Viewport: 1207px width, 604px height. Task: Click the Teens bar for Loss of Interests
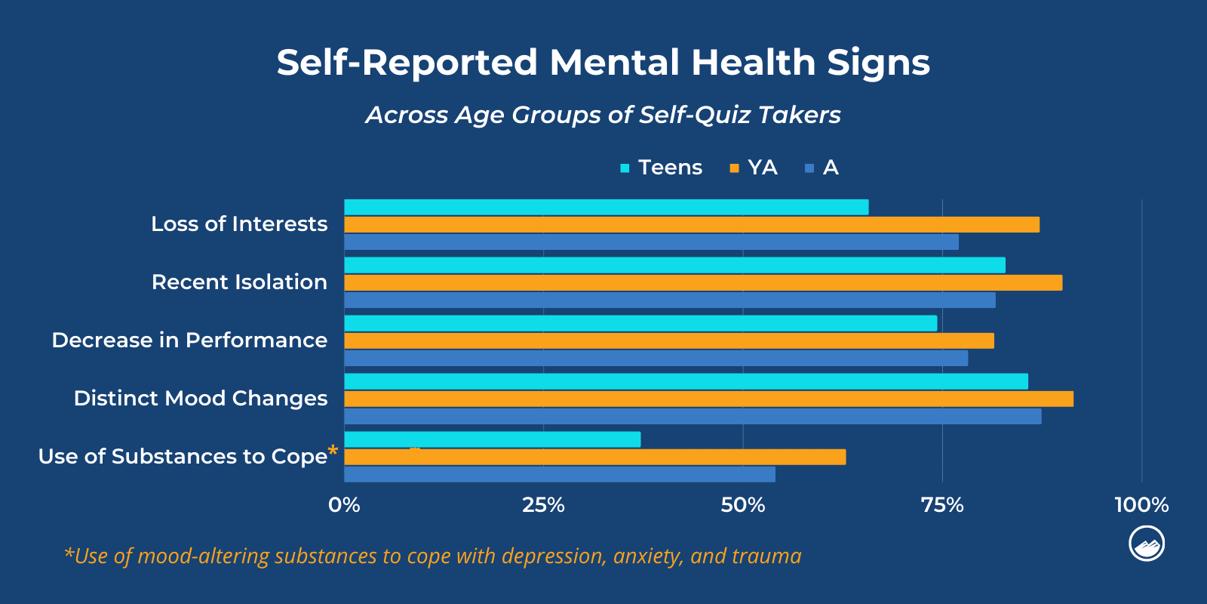coord(606,207)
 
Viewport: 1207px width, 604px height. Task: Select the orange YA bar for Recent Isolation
coord(703,282)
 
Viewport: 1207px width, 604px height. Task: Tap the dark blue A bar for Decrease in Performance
coord(656,358)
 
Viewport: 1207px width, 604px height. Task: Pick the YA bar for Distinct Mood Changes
coord(708,399)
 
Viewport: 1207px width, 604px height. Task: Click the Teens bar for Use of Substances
coord(492,439)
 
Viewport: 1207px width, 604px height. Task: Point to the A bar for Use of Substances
coord(559,474)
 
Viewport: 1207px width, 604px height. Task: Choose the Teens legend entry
coord(661,168)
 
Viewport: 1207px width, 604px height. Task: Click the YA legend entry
coord(754,168)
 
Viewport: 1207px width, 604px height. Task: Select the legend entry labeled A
coord(822,168)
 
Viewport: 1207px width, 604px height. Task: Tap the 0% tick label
coord(344,505)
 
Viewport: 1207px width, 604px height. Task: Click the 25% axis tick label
coord(543,505)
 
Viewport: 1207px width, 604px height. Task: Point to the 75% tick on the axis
coord(942,505)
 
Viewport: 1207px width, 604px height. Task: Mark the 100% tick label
coord(1141,505)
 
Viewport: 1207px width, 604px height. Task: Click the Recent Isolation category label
coord(239,282)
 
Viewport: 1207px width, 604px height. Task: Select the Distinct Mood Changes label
coord(201,399)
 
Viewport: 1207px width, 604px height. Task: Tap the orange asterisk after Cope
coord(333,451)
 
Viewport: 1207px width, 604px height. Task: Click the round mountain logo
coord(1147,544)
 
